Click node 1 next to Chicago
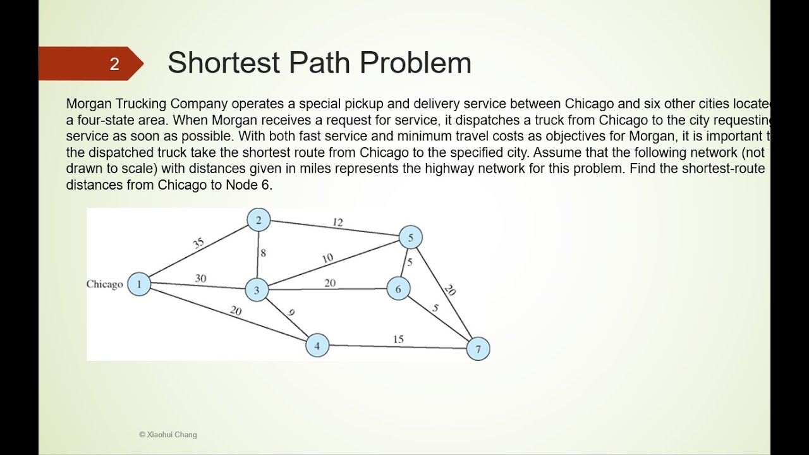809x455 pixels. (x=139, y=284)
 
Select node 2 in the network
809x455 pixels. (x=259, y=220)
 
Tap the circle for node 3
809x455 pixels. (x=257, y=291)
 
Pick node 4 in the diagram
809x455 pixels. (x=317, y=346)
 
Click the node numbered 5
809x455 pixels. (x=410, y=238)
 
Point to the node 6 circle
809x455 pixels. (x=398, y=289)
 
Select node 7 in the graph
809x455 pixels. (x=478, y=349)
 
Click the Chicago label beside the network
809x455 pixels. (x=105, y=284)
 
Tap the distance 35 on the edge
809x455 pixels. (x=198, y=244)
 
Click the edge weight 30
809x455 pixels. (x=200, y=278)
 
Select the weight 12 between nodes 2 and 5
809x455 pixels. (x=338, y=222)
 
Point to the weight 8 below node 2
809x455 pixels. (x=263, y=253)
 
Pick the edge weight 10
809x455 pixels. (x=327, y=258)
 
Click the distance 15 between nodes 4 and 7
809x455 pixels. (x=398, y=339)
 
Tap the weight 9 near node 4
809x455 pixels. (x=291, y=312)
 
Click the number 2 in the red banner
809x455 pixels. (x=114, y=64)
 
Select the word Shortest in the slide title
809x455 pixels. (x=223, y=63)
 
